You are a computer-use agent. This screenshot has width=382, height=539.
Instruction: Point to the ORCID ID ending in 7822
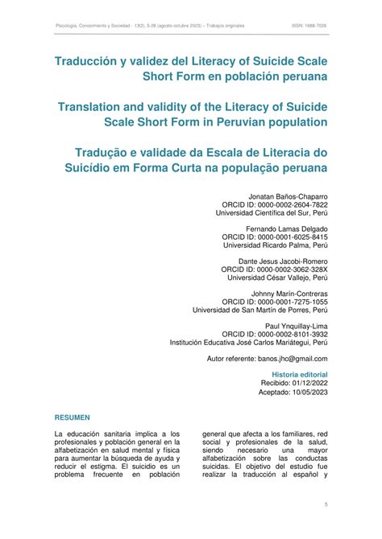(277, 205)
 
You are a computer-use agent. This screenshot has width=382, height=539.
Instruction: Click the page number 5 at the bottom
(325, 504)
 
